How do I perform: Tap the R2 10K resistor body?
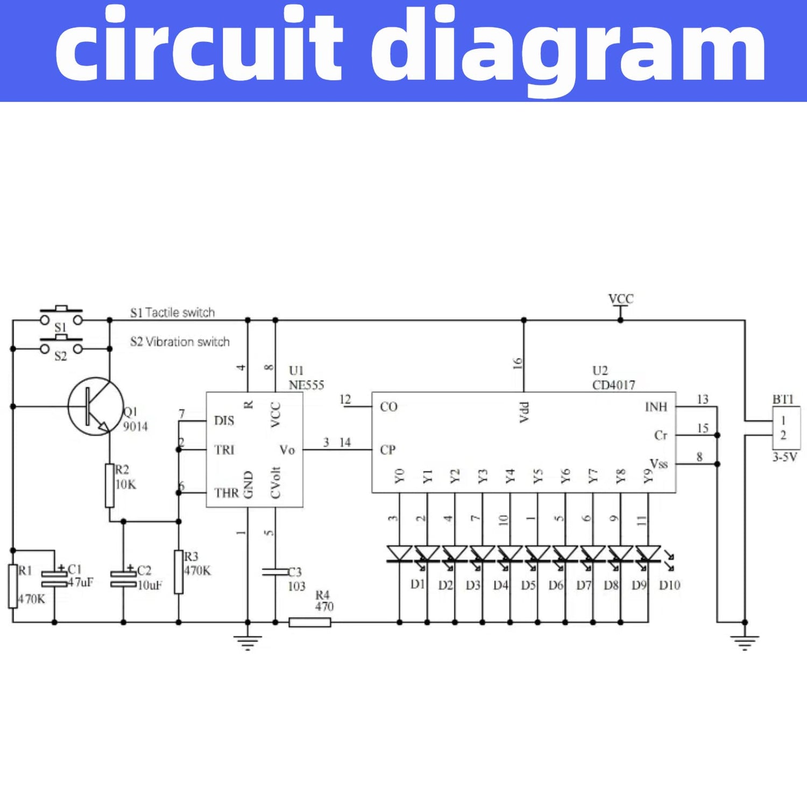tap(110, 485)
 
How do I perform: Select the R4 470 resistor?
tap(310, 622)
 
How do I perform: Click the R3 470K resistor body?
tap(179, 572)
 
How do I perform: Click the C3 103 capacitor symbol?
tap(275, 571)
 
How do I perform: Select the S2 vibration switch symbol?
tap(61, 348)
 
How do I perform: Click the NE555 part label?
tap(306, 385)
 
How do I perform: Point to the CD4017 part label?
tap(613, 385)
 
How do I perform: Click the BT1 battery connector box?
tap(786, 428)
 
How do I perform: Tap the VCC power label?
tap(620, 299)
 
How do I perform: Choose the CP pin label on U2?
tap(388, 450)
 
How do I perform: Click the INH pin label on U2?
tap(656, 407)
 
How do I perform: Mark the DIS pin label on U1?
tap(224, 421)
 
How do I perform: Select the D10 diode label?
tap(669, 585)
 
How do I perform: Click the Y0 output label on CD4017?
tap(399, 476)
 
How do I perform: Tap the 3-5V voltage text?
tap(785, 457)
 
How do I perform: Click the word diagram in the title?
tap(576, 48)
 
